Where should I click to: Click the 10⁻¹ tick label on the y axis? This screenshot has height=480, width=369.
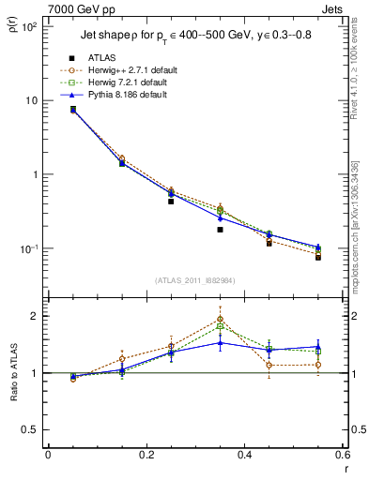tap(29, 248)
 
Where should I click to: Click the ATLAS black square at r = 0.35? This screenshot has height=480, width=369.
tap(220, 229)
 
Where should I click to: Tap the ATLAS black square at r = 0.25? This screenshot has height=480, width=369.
tap(171, 201)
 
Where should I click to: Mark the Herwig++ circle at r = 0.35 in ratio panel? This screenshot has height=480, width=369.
tap(220, 319)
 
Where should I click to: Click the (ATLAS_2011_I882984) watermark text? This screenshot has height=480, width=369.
tap(195, 280)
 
